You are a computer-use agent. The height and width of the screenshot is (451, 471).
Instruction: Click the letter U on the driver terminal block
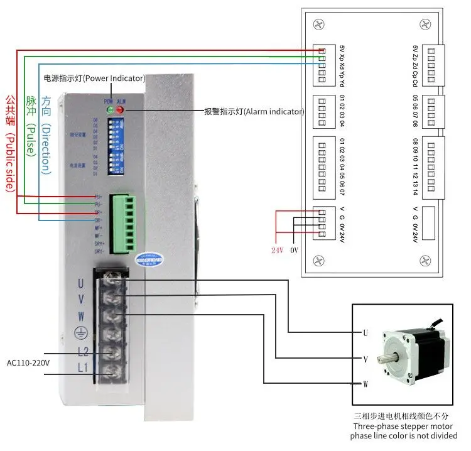click(81, 284)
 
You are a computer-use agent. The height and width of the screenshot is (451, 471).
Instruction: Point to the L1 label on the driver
click(82, 367)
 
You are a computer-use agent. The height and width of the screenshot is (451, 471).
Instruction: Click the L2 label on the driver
click(82, 352)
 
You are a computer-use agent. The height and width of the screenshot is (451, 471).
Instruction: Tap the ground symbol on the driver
click(81, 334)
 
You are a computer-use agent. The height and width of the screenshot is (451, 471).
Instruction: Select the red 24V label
click(278, 250)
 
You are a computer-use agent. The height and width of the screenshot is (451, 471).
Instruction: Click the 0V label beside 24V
click(296, 250)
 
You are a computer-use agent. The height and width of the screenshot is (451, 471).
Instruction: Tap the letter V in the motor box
click(364, 359)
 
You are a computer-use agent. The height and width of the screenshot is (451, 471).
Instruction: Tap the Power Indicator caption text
click(94, 79)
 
